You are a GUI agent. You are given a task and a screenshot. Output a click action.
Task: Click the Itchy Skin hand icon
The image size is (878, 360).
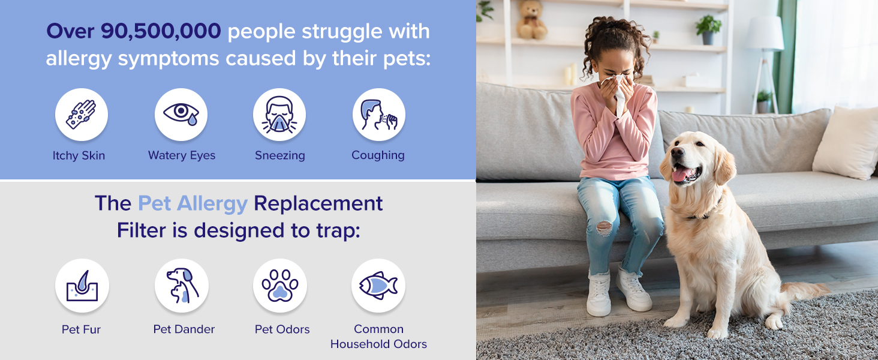coord(81,114)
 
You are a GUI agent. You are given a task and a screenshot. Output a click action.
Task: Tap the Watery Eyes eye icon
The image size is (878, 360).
coord(181,114)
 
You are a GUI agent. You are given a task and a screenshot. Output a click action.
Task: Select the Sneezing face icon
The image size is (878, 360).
coord(279,114)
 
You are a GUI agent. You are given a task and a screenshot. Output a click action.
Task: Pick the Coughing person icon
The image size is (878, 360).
coord(378,114)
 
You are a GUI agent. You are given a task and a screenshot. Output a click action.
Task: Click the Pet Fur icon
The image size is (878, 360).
coord(82,286)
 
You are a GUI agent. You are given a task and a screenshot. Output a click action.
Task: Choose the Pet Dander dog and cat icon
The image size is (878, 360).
coord(182,286)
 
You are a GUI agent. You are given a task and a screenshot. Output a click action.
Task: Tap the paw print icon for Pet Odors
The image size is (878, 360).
coord(280,286)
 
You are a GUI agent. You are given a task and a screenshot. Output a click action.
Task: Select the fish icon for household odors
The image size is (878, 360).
coord(378,286)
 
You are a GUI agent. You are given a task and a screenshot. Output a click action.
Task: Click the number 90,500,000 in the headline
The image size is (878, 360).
coord(161,31)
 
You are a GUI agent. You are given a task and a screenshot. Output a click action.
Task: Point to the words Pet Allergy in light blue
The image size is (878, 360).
coord(193,203)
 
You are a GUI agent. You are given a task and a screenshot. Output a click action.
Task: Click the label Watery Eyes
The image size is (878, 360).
coord(182,155)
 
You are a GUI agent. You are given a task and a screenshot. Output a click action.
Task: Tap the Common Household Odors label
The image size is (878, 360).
coord(378,337)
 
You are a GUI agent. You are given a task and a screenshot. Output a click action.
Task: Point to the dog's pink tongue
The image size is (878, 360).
coord(681,174)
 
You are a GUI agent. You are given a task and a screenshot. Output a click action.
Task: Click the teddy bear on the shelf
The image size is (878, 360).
coord(531,20)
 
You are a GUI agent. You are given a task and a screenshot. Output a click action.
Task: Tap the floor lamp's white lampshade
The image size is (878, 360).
coord(765,34)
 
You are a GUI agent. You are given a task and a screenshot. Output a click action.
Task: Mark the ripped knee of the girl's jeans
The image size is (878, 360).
coord(604,228)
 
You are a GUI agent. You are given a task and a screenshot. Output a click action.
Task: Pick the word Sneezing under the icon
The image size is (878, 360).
coord(280,155)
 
